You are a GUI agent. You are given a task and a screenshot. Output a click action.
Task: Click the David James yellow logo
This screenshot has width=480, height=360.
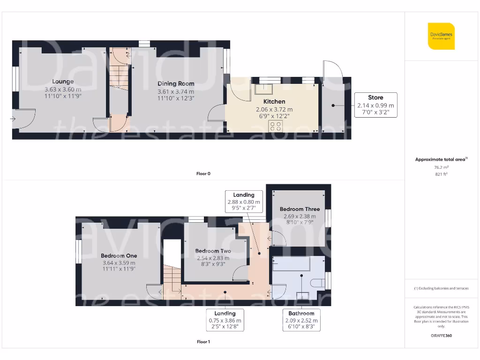click(441, 36)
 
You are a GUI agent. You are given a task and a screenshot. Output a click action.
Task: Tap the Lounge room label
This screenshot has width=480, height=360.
click(63, 82)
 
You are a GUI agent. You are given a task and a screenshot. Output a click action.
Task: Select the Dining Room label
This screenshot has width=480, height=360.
click(176, 83)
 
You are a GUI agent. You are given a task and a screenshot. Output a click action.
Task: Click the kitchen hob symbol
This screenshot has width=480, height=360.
click(275, 126)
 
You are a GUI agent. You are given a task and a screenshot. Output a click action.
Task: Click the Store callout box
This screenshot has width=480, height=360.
click(375, 105)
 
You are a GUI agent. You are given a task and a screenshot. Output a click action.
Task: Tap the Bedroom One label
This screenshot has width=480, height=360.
click(119, 255)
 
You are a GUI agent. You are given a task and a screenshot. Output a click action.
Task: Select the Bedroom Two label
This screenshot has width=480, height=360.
click(213, 251)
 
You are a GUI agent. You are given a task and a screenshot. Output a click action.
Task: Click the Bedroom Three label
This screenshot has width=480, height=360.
click(300, 209)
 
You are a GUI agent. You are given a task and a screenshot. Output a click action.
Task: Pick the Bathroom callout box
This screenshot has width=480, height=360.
click(301, 320)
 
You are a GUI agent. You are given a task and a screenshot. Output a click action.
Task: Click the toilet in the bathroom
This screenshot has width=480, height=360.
click(318, 282)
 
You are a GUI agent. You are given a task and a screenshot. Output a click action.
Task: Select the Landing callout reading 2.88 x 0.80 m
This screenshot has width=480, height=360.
click(243, 202)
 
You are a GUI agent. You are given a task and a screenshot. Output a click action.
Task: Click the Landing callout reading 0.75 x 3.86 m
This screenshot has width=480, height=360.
click(225, 320)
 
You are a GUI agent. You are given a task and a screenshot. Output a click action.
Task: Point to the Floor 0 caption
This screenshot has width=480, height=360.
click(203, 173)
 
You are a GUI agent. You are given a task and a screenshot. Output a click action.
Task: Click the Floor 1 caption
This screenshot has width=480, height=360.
click(203, 342)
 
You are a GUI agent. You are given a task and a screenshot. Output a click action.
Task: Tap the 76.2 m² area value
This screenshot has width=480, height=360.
click(441, 167)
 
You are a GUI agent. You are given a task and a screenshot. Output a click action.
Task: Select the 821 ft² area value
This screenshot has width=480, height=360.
click(441, 174)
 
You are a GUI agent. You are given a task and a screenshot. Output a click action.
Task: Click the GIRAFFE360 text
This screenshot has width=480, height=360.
click(441, 336)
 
